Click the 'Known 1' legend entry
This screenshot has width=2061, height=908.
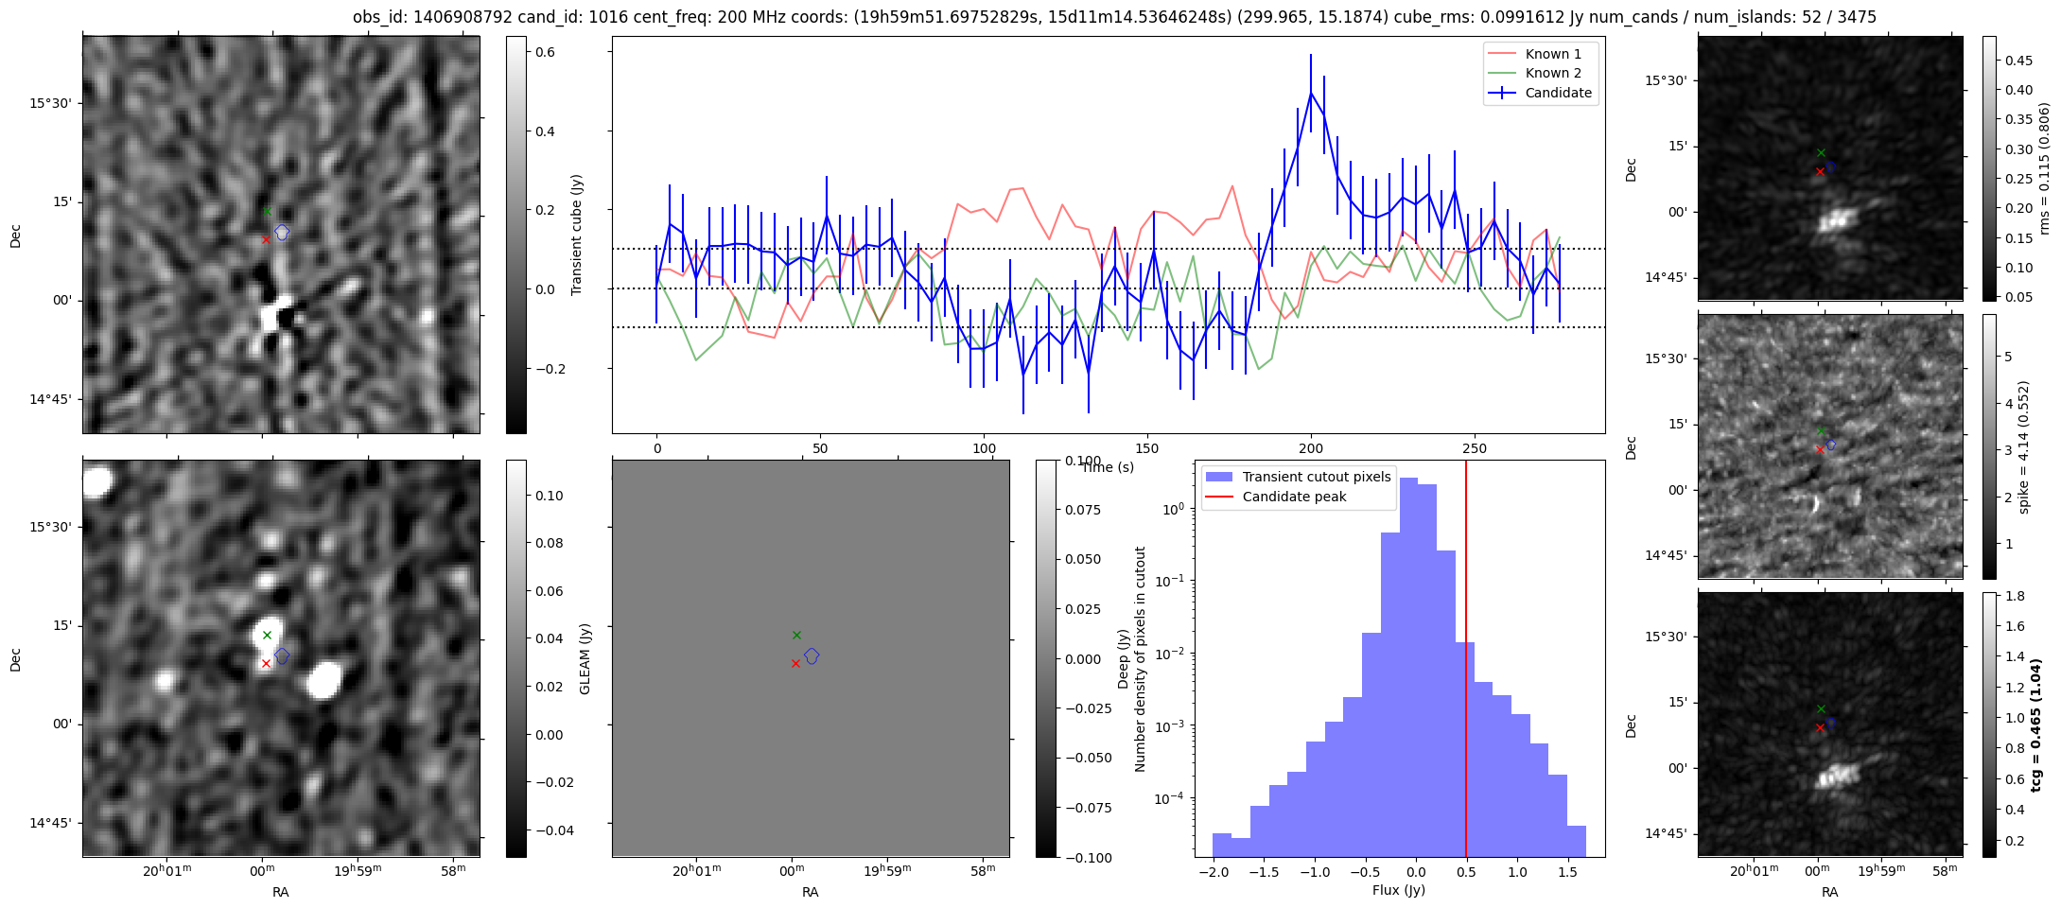[1553, 54]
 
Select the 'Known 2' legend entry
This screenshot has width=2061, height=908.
[1553, 73]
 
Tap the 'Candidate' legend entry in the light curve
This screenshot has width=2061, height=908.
[1558, 93]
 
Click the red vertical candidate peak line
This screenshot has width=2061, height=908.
[1466, 662]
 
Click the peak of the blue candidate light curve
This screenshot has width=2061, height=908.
[1311, 93]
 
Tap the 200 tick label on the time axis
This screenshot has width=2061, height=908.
[1311, 448]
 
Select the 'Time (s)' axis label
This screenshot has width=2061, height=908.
[1108, 467]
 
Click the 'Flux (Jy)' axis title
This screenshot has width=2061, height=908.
[1398, 890]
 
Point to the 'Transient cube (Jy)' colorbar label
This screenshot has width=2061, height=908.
[577, 235]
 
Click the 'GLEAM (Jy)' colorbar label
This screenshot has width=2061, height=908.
[585, 659]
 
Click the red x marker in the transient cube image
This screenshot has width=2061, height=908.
[266, 239]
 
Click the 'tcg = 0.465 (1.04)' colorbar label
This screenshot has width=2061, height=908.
[2036, 725]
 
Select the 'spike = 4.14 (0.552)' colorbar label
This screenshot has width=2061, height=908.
[2024, 446]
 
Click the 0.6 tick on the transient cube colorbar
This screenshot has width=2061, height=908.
[546, 52]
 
